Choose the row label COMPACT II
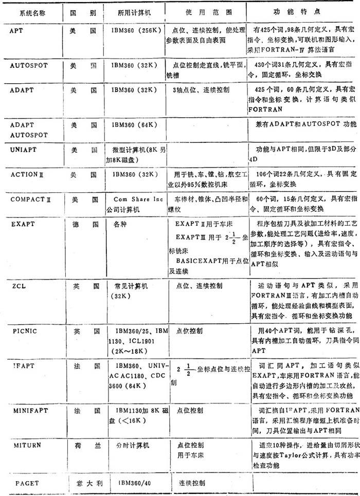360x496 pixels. click(31, 199)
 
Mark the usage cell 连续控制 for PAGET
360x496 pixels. click(191, 483)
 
